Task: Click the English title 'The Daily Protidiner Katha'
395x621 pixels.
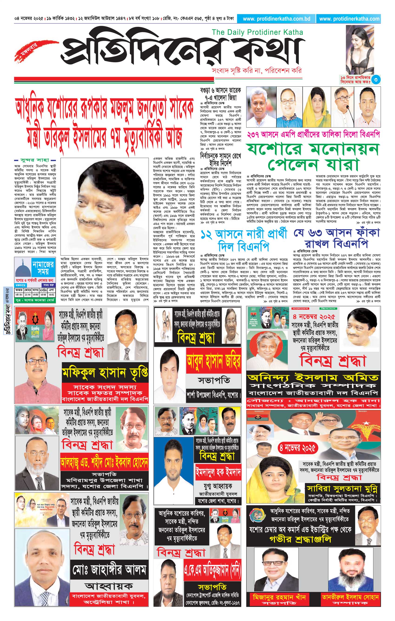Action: coord(257,32)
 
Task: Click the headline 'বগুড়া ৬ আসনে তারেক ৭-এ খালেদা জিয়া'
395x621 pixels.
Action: coord(220,94)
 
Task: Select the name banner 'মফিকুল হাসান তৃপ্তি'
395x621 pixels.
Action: coord(105,373)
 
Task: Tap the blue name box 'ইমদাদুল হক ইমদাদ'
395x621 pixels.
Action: coord(218,473)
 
